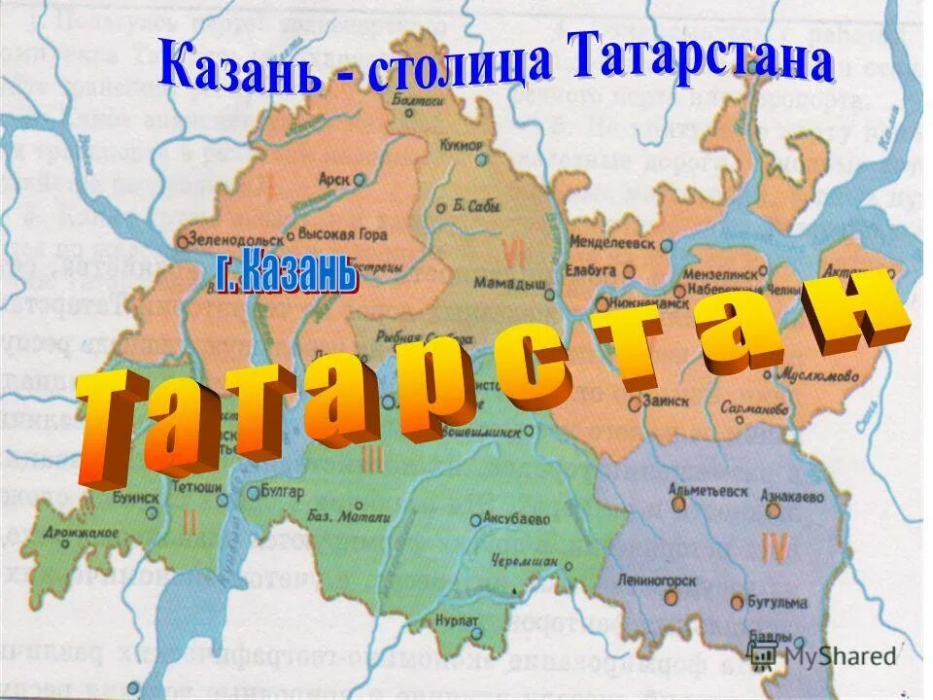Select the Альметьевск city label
point(708,492)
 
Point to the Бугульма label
point(777,602)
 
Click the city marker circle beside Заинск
point(635,399)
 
